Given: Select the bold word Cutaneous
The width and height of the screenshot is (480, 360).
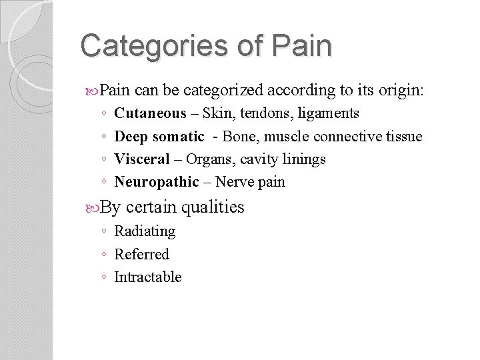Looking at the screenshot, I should [151, 113].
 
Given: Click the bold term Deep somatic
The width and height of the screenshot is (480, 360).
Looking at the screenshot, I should [159, 136].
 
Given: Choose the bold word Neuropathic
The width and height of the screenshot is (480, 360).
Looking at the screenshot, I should [157, 181].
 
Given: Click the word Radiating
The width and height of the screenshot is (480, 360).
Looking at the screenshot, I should [145, 231].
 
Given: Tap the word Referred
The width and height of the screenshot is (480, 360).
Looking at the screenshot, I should [142, 254].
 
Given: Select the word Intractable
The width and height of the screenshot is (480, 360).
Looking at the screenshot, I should [148, 277].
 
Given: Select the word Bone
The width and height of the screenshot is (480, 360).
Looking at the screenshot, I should [237, 136].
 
